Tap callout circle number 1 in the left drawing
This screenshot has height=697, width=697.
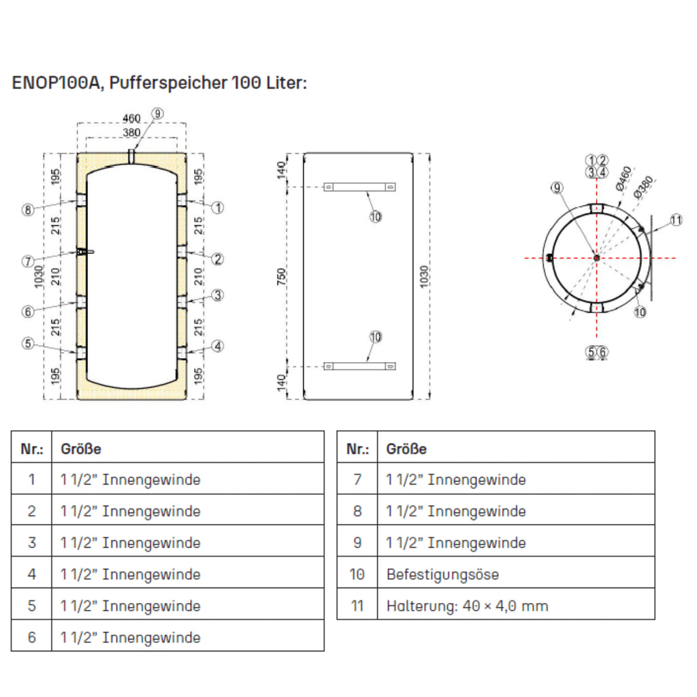218,208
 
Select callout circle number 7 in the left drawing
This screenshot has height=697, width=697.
27,261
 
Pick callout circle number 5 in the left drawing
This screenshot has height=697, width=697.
27,343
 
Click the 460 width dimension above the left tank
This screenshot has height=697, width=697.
131,118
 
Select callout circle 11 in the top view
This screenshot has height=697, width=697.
675,220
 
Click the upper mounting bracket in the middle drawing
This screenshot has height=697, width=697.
359,187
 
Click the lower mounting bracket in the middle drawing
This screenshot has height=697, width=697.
359,366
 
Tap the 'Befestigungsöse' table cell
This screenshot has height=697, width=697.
442,574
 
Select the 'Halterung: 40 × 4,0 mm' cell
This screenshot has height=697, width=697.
467,606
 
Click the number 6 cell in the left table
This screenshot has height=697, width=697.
31,637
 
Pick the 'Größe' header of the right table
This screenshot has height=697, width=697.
406,449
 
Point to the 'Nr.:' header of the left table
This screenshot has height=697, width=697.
31,449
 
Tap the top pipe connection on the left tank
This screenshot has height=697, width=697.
131,157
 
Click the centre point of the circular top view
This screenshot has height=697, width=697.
596,258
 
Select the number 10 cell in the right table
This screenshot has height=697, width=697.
357,574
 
